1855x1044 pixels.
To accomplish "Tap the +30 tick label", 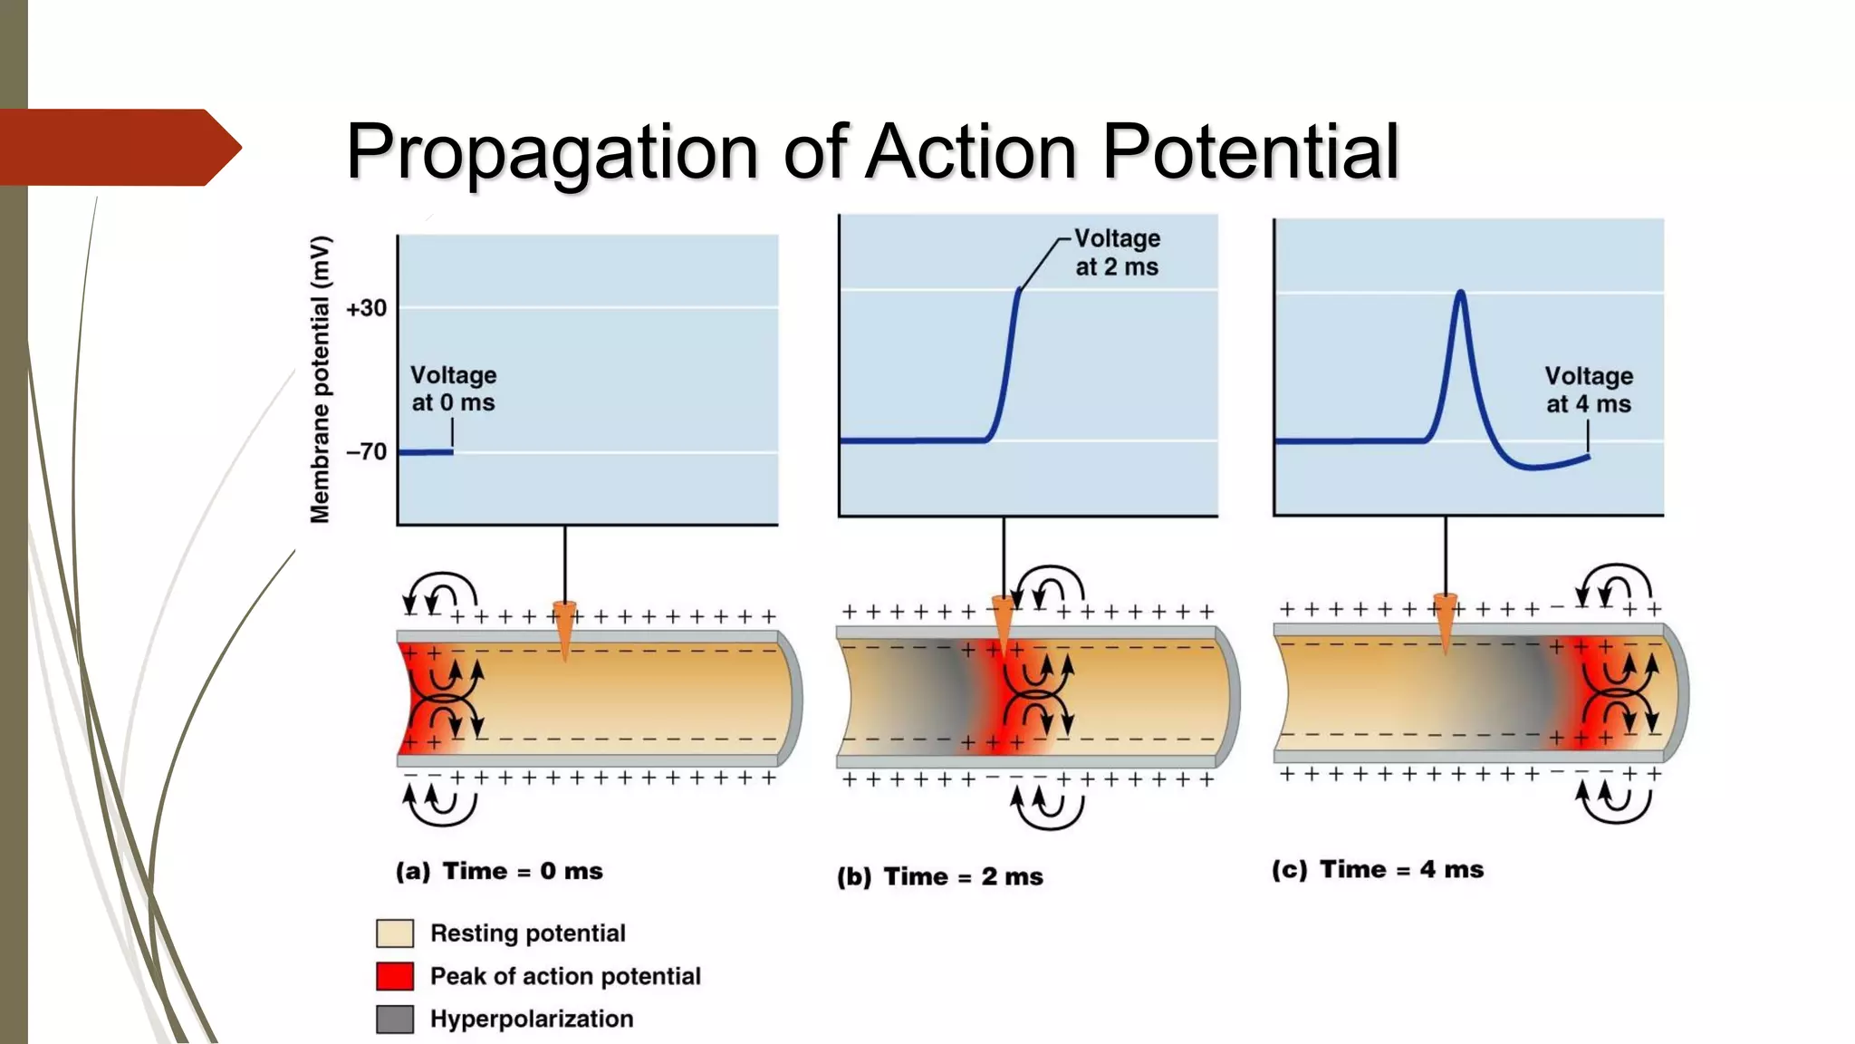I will pos(366,308).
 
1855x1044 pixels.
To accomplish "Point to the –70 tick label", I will pos(366,451).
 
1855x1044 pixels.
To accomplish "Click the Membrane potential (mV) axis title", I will pos(320,379).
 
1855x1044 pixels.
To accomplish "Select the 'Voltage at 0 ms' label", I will pos(453,389).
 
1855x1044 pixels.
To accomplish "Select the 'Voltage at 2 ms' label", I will pos(1117,253).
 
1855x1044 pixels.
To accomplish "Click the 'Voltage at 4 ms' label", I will pos(1589,390).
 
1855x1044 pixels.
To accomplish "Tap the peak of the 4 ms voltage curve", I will pos(1460,293).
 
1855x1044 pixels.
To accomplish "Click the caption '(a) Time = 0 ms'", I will pos(499,871).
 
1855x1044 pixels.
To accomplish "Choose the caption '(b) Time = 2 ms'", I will pos(940,876).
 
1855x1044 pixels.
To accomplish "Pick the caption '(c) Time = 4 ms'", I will pos(1378,869).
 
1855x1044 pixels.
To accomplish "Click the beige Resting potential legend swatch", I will pos(395,933).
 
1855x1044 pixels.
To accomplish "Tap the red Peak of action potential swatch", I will pos(395,976).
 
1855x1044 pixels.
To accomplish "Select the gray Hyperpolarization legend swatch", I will pos(395,1019).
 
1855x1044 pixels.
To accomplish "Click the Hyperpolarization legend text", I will pos(532,1019).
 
